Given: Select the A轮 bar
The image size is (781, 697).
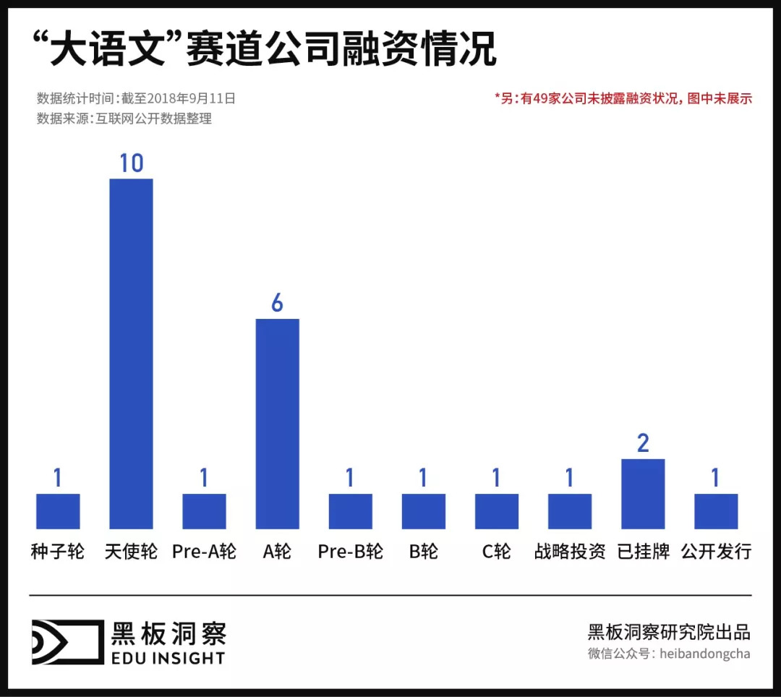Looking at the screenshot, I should coord(277,423).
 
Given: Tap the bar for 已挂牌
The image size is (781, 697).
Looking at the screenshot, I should coord(643,493).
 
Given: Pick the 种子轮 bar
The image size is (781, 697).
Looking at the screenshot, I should coord(58,510).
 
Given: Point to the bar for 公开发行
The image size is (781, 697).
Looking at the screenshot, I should coord(716,510).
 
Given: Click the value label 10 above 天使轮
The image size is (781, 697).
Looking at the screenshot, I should coord(131,163).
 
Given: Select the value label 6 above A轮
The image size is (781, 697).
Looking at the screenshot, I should coord(277,304).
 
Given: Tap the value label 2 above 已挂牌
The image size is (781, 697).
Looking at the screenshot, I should coord(643,443).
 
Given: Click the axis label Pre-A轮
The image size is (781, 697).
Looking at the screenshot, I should coord(204,552).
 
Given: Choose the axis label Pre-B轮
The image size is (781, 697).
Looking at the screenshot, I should coord(350,552).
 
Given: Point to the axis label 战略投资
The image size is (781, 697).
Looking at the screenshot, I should coord(570,552).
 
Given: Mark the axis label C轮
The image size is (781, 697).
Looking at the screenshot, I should coord(497,552).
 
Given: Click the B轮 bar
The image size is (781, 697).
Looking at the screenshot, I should coord(423,510).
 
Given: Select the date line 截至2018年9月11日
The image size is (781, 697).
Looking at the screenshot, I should coord(136,98).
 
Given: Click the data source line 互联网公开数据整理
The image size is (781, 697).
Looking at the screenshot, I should coord(124,119).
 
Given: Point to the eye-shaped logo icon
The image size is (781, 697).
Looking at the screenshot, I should coord(67,641).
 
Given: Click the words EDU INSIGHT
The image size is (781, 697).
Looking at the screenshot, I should coord(168,658).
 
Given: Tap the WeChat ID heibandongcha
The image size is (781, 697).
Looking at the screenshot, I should coord(704,654).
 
